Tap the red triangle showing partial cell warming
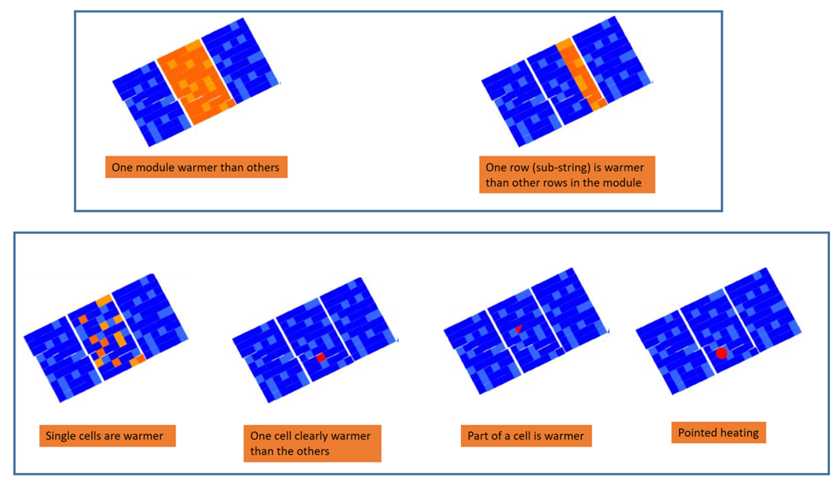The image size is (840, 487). coord(519,329)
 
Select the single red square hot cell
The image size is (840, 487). coord(321,357)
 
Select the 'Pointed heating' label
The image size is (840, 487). coord(719,432)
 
